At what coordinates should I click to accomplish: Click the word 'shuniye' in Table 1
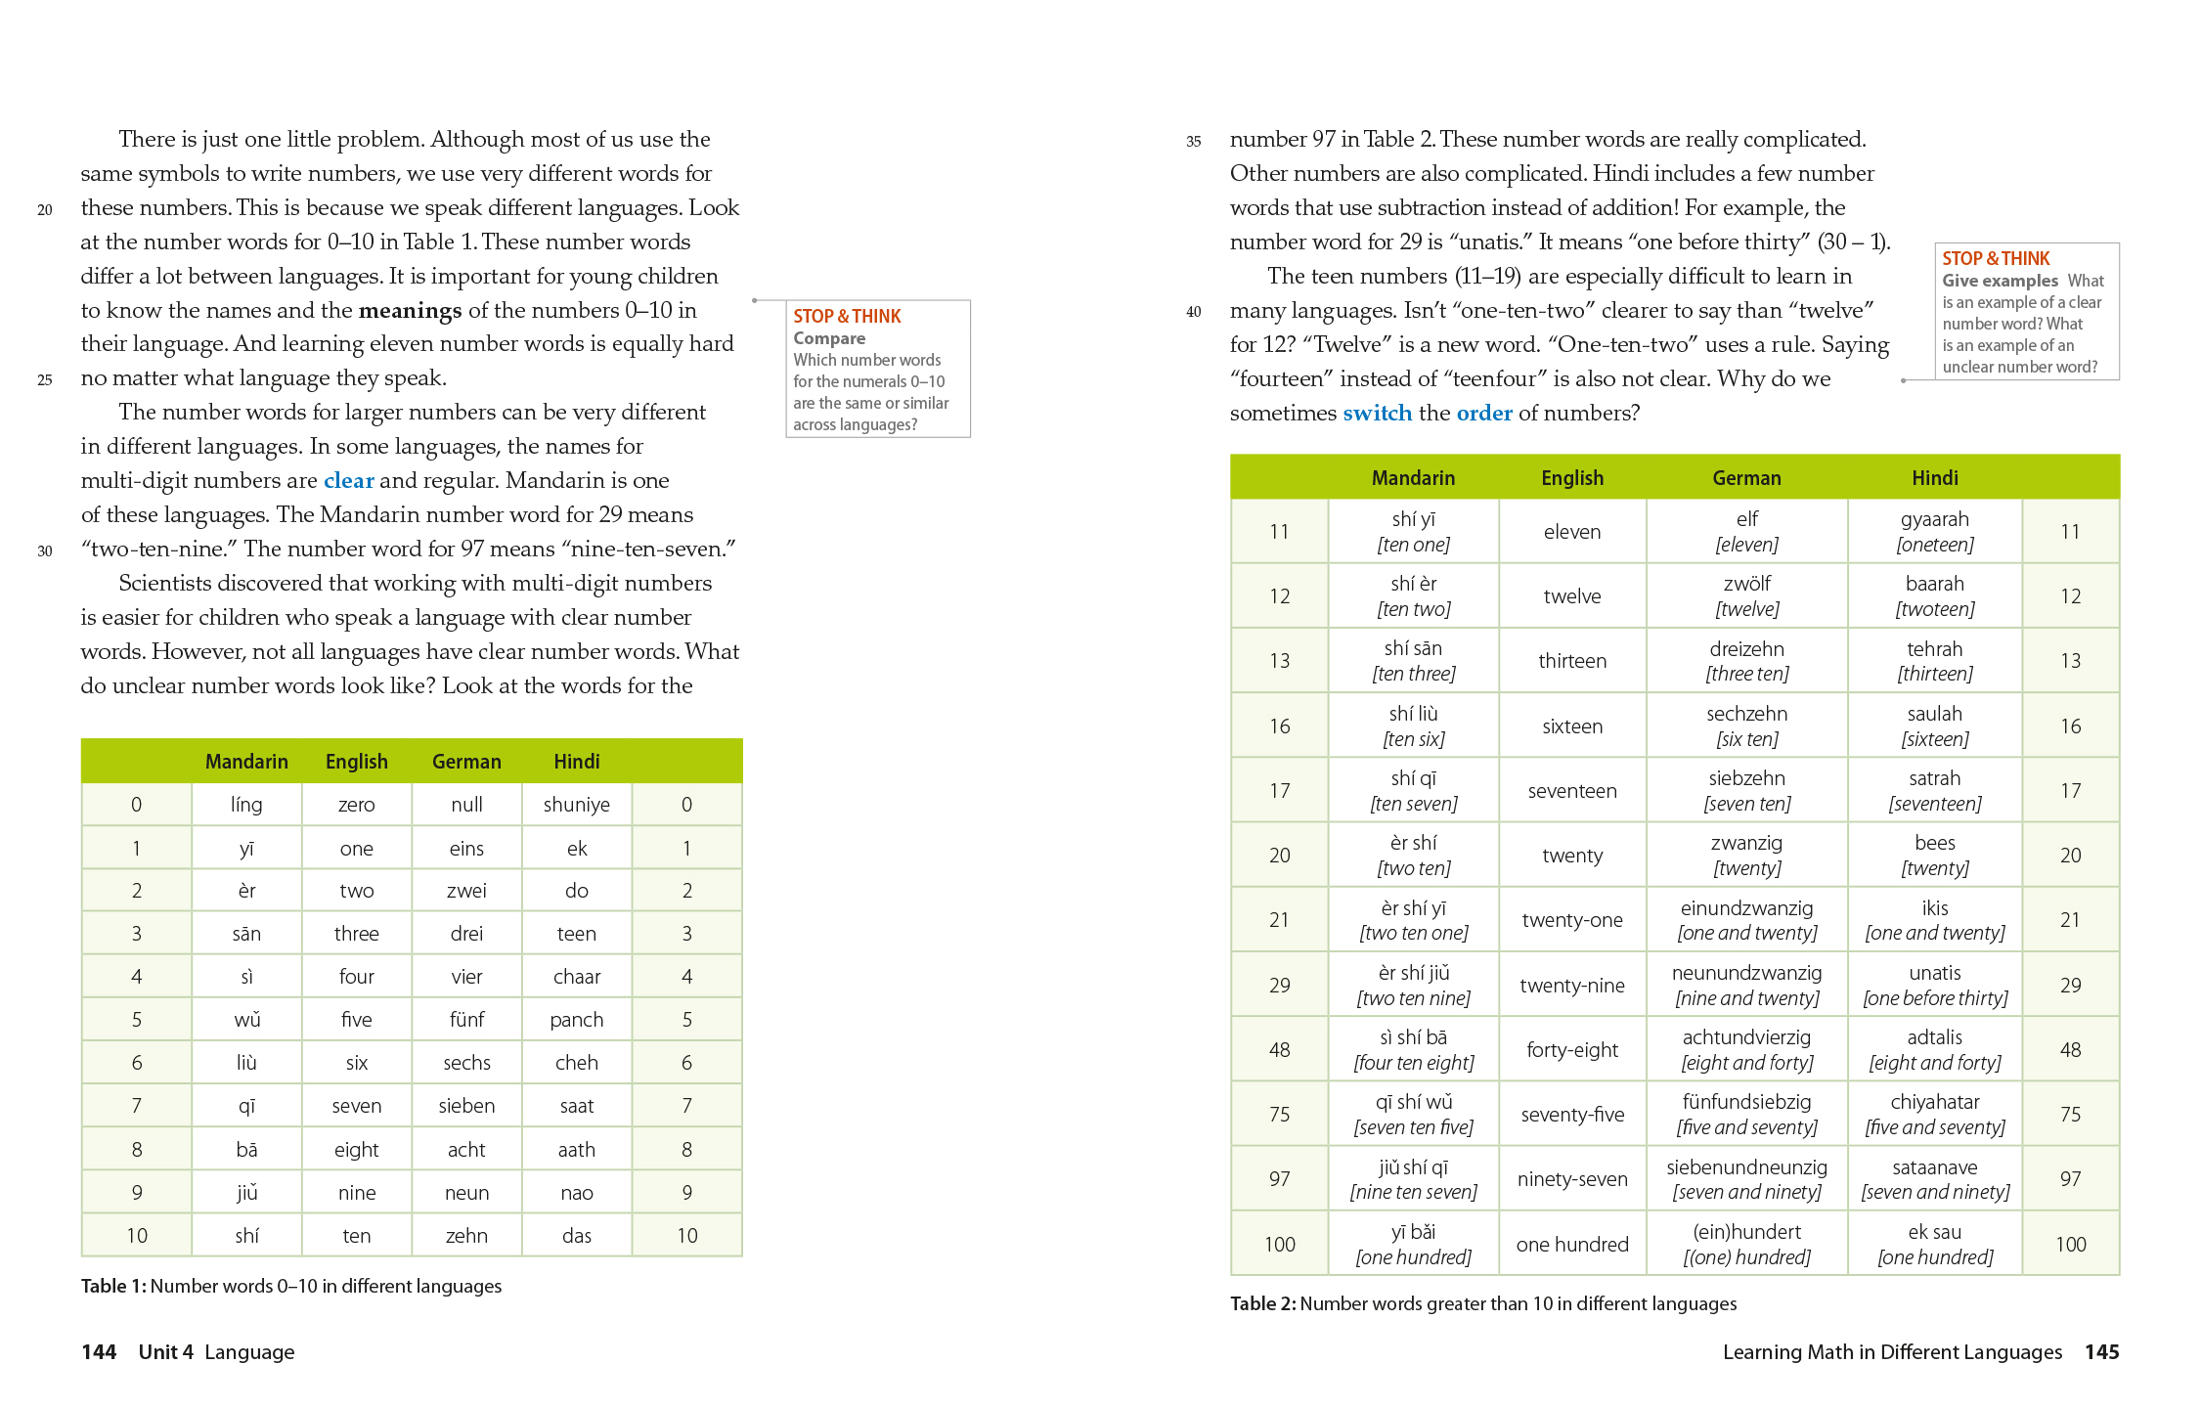(x=576, y=805)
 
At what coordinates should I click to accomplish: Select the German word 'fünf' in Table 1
(x=466, y=1020)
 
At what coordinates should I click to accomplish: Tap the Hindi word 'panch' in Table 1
(x=576, y=1020)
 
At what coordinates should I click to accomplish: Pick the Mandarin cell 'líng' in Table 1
(x=246, y=805)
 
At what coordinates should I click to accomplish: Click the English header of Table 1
(x=356, y=762)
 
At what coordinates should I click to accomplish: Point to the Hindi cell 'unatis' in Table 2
(x=1934, y=973)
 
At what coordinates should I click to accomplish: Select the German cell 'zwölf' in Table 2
(x=1746, y=584)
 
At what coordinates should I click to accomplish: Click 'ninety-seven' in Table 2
(x=1571, y=1179)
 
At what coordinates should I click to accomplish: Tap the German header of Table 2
(x=1746, y=478)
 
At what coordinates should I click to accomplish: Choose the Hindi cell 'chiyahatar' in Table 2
(x=1934, y=1102)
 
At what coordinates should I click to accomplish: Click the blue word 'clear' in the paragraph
(x=348, y=480)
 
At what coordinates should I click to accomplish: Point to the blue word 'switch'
(x=1377, y=413)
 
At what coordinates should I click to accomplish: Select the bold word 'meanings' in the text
(x=410, y=310)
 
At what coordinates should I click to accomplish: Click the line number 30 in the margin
(x=45, y=551)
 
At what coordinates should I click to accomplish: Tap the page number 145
(x=2101, y=1352)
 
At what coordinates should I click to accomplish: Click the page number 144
(x=99, y=1352)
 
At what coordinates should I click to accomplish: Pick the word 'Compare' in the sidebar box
(x=829, y=338)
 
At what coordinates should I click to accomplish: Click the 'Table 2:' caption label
(x=1262, y=1303)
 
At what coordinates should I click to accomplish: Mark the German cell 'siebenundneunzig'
(x=1746, y=1167)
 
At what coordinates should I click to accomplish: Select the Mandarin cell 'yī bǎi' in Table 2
(x=1413, y=1232)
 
